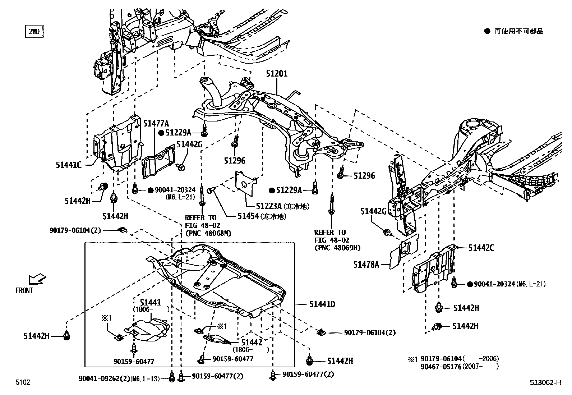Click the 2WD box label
tap(34, 32)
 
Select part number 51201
tap(277, 74)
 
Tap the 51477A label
tap(156, 124)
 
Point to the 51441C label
tap(69, 165)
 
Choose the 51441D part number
tap(322, 304)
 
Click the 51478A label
tap(366, 265)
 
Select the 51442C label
tap(481, 248)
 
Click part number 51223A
tap(268, 206)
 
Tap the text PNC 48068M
tap(208, 233)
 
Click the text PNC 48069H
tap(337, 248)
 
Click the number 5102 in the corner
tap(23, 382)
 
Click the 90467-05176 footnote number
tap(441, 367)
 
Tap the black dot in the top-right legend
tap(487, 31)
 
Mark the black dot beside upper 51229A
tap(161, 133)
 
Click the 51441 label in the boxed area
tap(151, 303)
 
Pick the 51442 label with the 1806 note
tap(252, 343)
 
